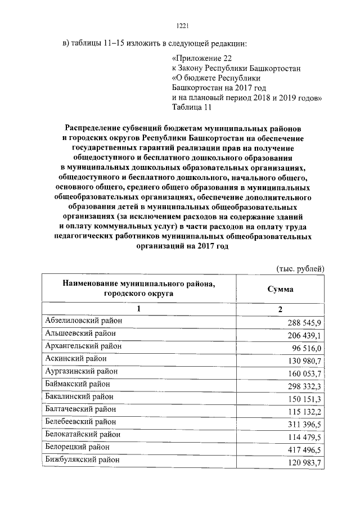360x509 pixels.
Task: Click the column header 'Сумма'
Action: click(x=280, y=289)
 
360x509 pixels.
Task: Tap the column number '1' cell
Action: click(x=139, y=309)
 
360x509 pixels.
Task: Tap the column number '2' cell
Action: click(x=280, y=310)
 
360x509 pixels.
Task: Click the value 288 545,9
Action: click(x=304, y=323)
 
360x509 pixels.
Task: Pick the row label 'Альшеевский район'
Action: click(x=80, y=333)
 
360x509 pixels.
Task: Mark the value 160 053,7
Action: click(x=304, y=374)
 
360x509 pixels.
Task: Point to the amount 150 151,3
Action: click(x=304, y=399)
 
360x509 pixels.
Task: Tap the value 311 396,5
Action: click(x=304, y=425)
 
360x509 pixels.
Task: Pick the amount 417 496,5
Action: click(x=304, y=450)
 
